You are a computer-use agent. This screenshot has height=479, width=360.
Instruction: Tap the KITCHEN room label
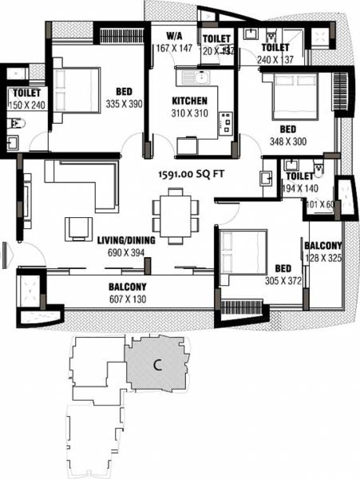[190, 101]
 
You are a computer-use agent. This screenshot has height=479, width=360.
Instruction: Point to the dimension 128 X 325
[323, 259]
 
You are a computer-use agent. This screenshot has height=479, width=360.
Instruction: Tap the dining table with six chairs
[175, 215]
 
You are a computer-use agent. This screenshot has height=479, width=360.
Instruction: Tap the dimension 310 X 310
[190, 114]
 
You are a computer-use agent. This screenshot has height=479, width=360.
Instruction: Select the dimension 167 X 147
[175, 48]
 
